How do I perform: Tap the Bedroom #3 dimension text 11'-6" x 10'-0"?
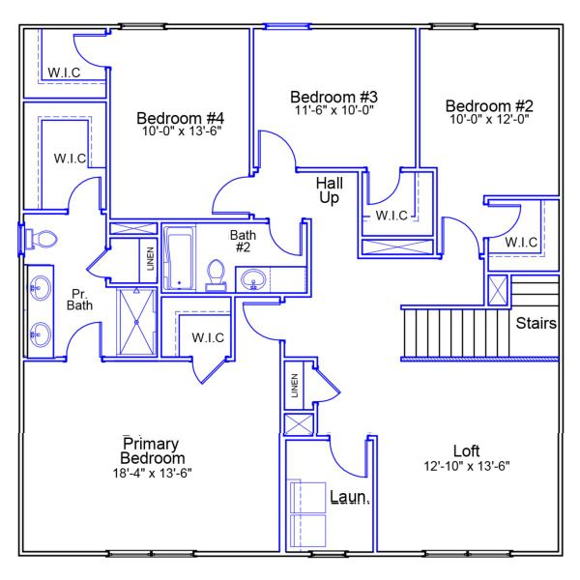tap(333, 111)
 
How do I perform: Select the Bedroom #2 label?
tap(488, 105)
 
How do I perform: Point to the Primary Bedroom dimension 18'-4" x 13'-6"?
tap(153, 473)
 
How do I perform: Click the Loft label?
tap(467, 451)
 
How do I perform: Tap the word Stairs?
tap(536, 323)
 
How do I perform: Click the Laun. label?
tap(350, 498)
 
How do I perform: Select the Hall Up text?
tap(330, 189)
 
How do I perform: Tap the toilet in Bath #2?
tap(216, 275)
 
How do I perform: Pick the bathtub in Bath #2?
tap(179, 258)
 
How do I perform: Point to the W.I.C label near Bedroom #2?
tap(521, 242)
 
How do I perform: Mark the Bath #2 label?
tap(242, 241)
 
